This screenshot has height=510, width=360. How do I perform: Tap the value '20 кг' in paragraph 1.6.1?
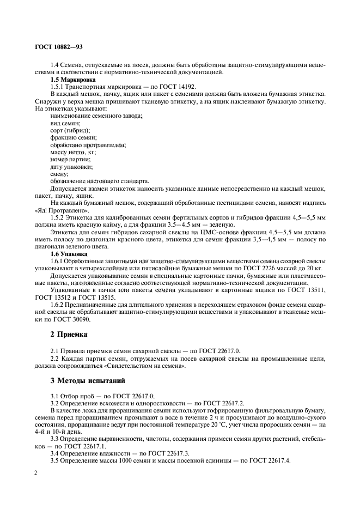[315, 269]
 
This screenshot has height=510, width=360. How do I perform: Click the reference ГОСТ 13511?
[309, 290]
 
